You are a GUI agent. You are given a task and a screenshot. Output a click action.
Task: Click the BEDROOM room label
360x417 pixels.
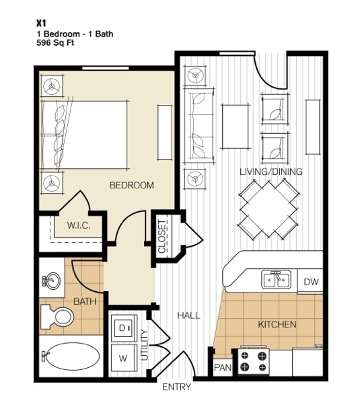click(132, 185)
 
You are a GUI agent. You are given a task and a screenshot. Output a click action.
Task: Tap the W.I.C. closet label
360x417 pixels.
click(78, 225)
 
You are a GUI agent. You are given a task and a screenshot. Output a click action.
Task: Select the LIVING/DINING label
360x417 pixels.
click(271, 172)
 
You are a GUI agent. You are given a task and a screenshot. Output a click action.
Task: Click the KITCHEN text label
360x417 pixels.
click(277, 325)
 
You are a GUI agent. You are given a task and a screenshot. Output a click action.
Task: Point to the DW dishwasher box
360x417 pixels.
click(311, 282)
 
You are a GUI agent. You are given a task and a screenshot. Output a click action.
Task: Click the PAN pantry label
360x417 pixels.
click(222, 368)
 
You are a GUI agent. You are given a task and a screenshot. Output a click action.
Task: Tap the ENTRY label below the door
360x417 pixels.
click(177, 387)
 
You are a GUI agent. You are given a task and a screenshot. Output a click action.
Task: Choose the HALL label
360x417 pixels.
click(188, 315)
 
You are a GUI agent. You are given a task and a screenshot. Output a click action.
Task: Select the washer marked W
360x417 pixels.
click(123, 358)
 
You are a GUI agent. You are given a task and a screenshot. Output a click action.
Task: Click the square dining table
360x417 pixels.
click(268, 208)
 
